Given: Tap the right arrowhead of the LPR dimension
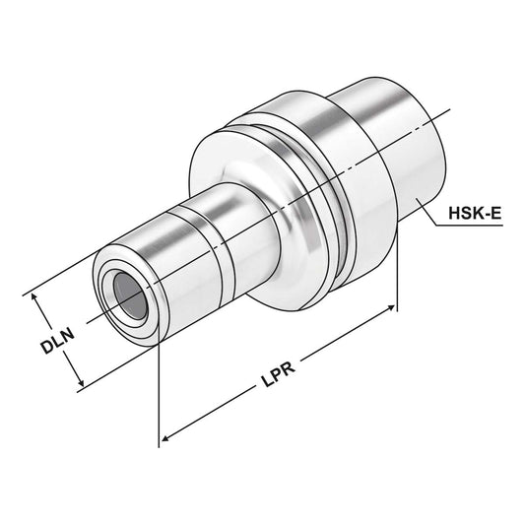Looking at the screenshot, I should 393,307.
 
